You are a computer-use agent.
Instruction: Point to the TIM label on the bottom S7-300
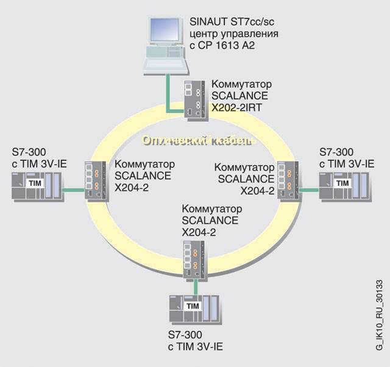click(x=193, y=305)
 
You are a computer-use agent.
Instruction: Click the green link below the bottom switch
click(x=194, y=287)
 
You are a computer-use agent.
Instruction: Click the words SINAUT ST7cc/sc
click(x=228, y=22)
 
